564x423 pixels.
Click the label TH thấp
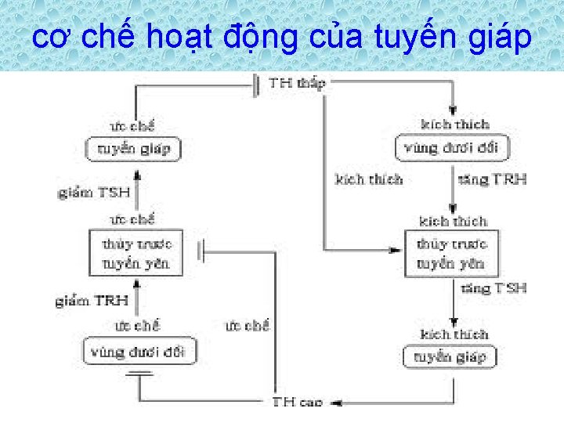point(297,82)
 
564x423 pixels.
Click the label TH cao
point(297,402)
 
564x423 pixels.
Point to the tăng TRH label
point(492,179)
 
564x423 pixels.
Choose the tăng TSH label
point(493,287)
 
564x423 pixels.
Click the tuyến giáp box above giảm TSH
point(133,149)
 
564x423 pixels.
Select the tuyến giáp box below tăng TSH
point(450,357)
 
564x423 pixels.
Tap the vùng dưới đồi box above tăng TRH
point(451,147)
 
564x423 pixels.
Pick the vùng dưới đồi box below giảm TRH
point(138,352)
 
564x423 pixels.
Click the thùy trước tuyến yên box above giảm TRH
point(136,253)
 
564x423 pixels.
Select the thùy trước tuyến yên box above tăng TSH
point(451,253)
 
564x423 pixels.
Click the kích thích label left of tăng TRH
point(368,179)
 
